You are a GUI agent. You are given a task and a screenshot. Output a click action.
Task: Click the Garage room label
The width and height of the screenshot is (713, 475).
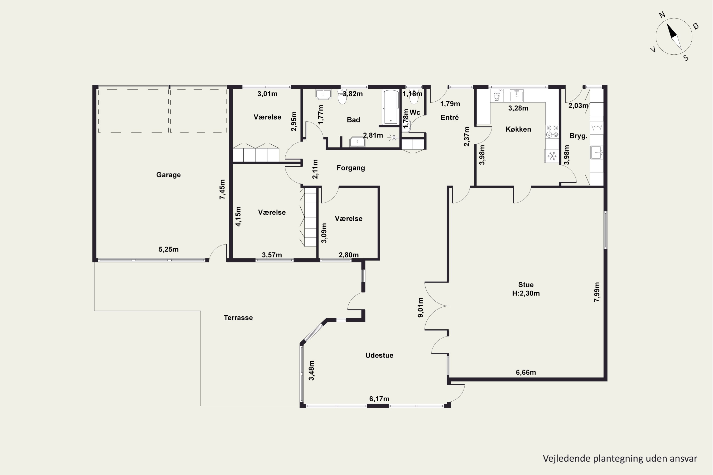[168, 175]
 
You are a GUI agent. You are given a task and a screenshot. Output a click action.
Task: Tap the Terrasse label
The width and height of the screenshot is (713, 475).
[238, 318]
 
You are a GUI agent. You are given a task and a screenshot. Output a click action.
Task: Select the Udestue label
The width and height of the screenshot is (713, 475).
[379, 355]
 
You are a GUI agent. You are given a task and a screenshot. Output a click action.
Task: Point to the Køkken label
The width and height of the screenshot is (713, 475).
[518, 129]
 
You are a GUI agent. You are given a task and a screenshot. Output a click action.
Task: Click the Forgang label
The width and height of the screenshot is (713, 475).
[351, 168]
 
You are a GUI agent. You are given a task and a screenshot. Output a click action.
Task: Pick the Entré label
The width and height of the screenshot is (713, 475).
[450, 118]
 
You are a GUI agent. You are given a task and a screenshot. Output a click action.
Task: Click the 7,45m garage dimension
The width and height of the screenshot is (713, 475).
[222, 189]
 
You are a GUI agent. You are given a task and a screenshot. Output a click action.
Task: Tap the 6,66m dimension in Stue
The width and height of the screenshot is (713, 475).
[526, 372]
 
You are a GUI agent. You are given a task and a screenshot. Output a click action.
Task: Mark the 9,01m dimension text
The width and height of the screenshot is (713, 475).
[420, 308]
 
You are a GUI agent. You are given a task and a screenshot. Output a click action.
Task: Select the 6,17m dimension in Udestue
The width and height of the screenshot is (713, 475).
[379, 399]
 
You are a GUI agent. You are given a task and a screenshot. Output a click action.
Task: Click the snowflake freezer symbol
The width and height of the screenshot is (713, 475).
[552, 156]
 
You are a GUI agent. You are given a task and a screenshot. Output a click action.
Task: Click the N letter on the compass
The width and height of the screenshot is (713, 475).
[662, 15]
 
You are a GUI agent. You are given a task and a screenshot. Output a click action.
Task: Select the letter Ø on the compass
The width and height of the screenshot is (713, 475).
[696, 26]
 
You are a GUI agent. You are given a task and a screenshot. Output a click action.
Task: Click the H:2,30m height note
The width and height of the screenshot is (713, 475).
[526, 293]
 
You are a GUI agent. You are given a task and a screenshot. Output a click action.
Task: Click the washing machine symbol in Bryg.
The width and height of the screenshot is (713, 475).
[597, 128]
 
